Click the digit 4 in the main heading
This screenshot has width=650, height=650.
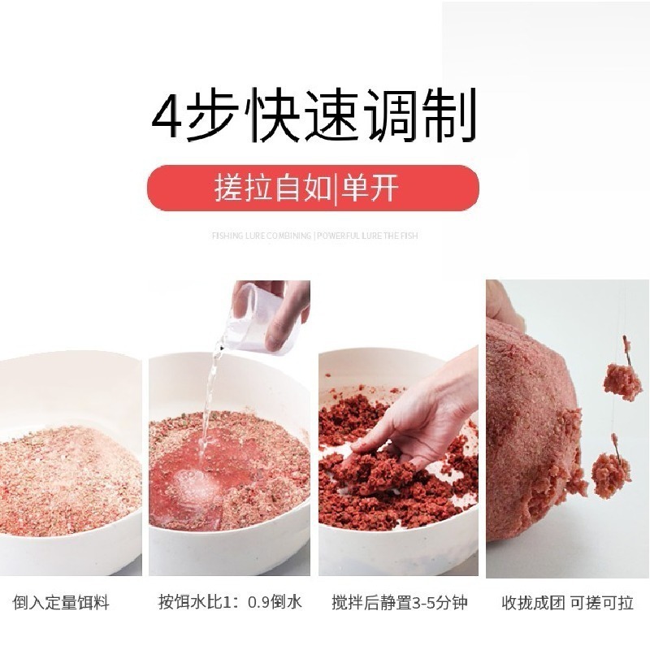[x=170, y=119]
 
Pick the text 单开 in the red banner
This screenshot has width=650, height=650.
[x=370, y=188]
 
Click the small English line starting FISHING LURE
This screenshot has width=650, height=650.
[x=314, y=236]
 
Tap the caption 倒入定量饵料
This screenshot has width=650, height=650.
[x=61, y=603]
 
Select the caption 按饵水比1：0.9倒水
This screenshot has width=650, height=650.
[x=230, y=603]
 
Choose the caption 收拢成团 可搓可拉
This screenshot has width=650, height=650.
[x=567, y=603]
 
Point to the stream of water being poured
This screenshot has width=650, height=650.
[x=210, y=398]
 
